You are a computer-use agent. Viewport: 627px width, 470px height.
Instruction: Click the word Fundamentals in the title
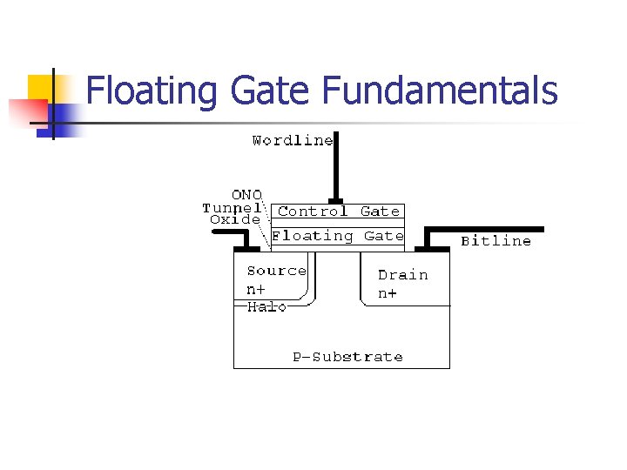(440, 91)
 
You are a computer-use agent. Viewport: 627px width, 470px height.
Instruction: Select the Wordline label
(293, 140)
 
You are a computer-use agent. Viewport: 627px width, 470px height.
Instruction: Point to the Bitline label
(496, 241)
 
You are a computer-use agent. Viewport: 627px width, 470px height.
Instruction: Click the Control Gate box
(338, 211)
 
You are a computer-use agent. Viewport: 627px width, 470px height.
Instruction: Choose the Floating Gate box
(338, 236)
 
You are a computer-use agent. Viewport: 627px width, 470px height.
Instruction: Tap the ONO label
(246, 195)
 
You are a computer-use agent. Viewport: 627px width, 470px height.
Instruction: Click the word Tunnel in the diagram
(232, 208)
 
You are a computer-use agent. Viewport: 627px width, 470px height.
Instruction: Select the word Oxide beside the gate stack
(235, 220)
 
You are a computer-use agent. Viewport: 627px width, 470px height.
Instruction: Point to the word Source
(276, 271)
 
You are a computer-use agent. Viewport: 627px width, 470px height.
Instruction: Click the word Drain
(402, 275)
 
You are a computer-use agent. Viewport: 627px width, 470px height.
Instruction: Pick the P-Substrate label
(347, 357)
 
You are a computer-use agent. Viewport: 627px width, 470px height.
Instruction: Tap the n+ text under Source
(257, 288)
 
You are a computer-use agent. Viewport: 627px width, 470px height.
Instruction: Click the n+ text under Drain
(388, 293)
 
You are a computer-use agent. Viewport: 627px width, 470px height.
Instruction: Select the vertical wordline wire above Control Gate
(334, 170)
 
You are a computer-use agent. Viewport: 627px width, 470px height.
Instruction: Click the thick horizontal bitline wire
(488, 229)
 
